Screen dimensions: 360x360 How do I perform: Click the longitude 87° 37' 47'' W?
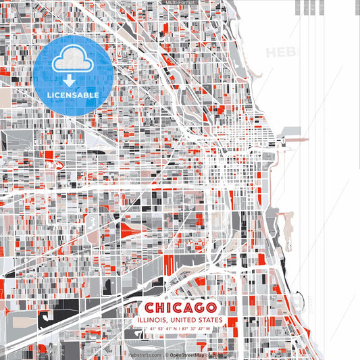click(197, 330)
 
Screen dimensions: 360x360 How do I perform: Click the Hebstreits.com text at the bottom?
click(145, 354)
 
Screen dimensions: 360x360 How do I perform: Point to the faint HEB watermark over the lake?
click(280, 52)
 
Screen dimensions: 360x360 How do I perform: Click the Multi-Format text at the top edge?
click(179, 3)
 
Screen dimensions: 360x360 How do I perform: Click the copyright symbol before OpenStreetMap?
click(166, 354)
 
